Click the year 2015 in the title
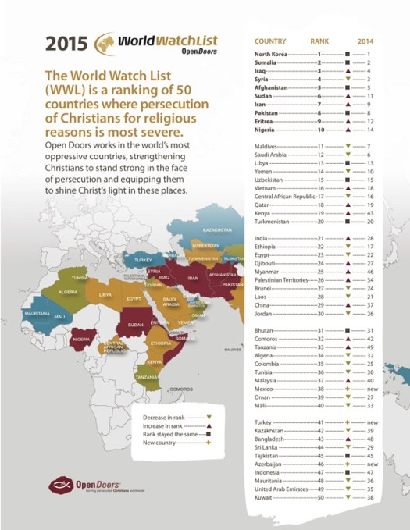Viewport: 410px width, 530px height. click(66, 42)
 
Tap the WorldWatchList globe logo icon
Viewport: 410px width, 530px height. click(106, 42)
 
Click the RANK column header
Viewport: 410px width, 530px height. click(319, 41)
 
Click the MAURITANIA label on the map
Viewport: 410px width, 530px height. click(37, 312)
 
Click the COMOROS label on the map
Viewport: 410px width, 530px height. click(181, 388)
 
